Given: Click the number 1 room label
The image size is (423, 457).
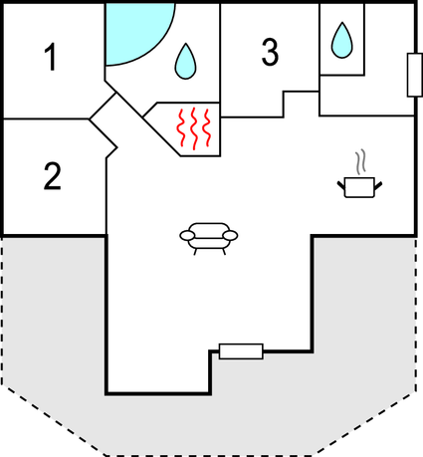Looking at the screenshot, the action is pyautogui.click(x=51, y=58).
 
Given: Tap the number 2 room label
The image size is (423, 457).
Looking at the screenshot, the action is pyautogui.click(x=53, y=176).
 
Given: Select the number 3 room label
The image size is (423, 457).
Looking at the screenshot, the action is pyautogui.click(x=270, y=52).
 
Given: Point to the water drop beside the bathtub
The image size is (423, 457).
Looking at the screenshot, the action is pyautogui.click(x=186, y=62).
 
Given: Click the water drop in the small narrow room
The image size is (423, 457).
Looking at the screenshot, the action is pyautogui.click(x=342, y=40).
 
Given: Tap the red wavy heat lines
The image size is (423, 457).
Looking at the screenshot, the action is pyautogui.click(x=194, y=127).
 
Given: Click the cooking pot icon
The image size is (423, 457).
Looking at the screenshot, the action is pyautogui.click(x=359, y=187).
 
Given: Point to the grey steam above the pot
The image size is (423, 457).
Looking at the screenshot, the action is pyautogui.click(x=361, y=162).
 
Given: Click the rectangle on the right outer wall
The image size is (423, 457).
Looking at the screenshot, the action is pyautogui.click(x=415, y=75).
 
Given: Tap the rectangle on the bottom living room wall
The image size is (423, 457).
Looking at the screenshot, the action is pyautogui.click(x=241, y=351).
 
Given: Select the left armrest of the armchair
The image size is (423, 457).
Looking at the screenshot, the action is pyautogui.click(x=187, y=236).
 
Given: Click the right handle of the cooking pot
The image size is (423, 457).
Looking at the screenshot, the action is pyautogui.click(x=378, y=186).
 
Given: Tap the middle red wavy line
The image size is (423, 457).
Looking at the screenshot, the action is pyautogui.click(x=194, y=128).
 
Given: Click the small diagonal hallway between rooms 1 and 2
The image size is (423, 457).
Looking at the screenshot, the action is pyautogui.click(x=104, y=118).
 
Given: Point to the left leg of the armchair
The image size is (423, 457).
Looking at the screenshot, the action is pyautogui.click(x=195, y=252).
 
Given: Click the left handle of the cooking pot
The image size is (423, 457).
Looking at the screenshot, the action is pyautogui.click(x=341, y=186).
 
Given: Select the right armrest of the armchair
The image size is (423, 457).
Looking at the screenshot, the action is pyautogui.click(x=230, y=236).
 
